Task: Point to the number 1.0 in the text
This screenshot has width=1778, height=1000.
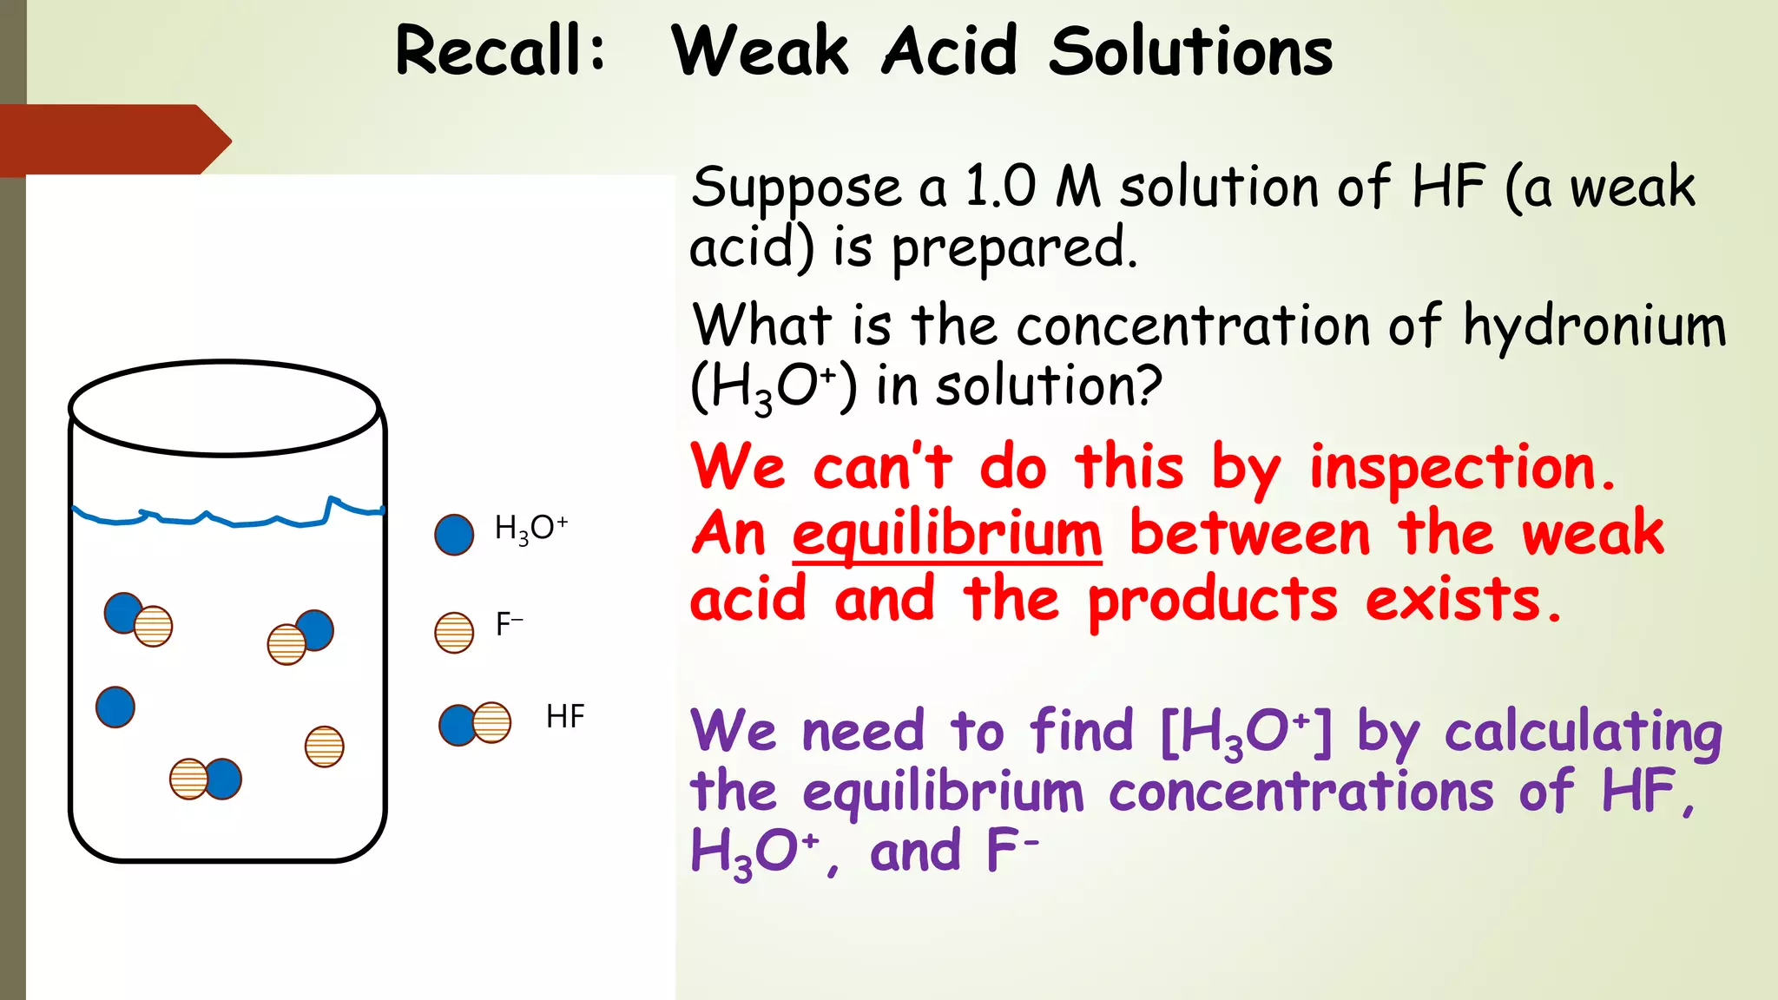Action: click(1000, 187)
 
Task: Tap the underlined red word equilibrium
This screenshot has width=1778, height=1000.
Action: click(947, 535)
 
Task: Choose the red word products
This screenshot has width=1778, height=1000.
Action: click(1213, 602)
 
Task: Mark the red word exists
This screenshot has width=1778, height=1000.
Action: click(1463, 600)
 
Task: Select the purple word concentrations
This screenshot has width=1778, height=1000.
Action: click(1301, 793)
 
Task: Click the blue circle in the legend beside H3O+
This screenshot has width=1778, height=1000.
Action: click(454, 534)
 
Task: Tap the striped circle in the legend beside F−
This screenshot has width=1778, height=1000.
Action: click(454, 632)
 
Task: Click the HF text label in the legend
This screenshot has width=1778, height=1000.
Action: click(565, 717)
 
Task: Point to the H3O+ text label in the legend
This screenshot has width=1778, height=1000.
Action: click(530, 528)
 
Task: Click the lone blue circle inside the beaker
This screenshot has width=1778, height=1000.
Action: click(115, 707)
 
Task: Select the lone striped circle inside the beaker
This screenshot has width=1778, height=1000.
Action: click(325, 747)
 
